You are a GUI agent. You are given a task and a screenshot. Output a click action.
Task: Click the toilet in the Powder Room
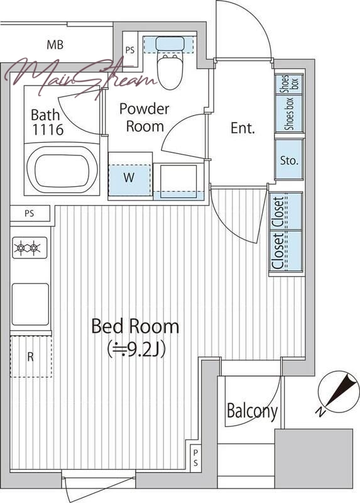tap(170, 63)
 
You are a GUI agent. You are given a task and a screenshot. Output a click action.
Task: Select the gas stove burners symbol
tap(30, 248)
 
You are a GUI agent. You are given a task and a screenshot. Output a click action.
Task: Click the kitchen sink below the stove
tap(30, 304)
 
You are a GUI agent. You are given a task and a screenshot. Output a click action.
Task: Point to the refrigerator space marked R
tap(31, 357)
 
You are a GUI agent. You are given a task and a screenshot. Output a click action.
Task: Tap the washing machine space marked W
tap(129, 177)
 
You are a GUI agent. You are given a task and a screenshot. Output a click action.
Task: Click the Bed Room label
tap(135, 326)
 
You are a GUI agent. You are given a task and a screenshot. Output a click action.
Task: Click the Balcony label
tap(252, 411)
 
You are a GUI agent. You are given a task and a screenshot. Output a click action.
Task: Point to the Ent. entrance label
tap(243, 128)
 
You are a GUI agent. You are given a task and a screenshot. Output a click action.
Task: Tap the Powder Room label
tap(145, 118)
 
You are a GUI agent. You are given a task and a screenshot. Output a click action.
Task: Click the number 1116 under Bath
tap(48, 130)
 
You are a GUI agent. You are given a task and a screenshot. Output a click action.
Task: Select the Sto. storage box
tap(289, 160)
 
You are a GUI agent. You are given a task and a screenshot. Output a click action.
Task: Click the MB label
tap(55, 45)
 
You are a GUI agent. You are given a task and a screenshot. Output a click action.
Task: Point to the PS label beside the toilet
tap(130, 50)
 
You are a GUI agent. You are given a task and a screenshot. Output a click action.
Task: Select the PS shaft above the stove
tap(30, 213)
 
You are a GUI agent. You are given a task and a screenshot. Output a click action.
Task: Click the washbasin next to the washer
tap(178, 182)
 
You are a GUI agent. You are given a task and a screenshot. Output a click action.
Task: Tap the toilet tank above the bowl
tap(170, 43)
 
